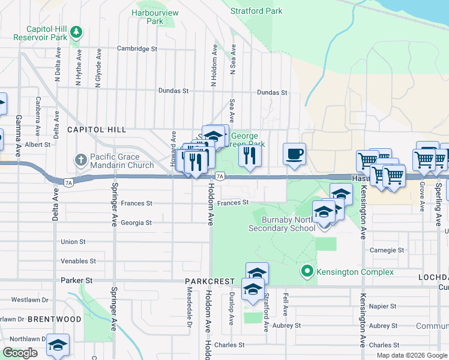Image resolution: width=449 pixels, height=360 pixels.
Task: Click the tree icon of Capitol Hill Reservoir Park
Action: coord(76,31)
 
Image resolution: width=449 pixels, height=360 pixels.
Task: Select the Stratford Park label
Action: coord(256,11)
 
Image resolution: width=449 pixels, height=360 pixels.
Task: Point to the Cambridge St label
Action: coord(137,49)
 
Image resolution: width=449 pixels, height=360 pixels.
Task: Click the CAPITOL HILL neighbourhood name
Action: coord(97,130)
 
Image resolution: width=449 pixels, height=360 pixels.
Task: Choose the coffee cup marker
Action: coord(294,154)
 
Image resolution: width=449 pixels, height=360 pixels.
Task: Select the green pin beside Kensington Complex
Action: coord(307,272)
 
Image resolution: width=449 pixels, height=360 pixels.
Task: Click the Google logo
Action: coord(20,353)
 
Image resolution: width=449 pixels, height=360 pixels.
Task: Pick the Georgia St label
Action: coord(136,223)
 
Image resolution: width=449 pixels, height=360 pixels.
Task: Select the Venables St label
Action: coord(78,261)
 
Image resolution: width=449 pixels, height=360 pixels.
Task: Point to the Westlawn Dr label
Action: coord(29,299)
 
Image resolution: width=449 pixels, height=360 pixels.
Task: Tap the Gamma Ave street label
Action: coord(19,133)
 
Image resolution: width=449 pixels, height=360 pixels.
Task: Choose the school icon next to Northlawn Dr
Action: coord(58,345)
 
